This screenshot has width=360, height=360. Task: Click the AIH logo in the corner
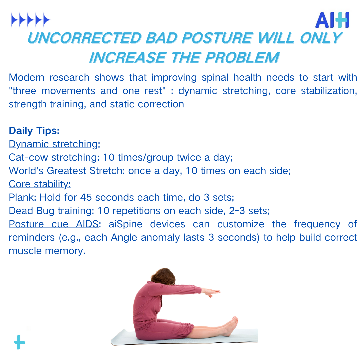tap(332, 20)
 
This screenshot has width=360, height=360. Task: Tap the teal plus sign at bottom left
tap(20, 342)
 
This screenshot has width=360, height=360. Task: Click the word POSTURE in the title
tap(217, 38)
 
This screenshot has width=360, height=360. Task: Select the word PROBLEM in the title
tap(242, 57)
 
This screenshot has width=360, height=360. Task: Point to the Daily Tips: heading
tap(34, 131)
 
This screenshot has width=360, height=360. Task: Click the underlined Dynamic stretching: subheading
tap(55, 144)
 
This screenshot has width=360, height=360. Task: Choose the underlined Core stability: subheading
tap(40, 184)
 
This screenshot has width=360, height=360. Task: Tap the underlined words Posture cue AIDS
tap(54, 224)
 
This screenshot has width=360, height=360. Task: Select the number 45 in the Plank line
tap(86, 197)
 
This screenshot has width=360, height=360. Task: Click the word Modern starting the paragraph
tap(26, 78)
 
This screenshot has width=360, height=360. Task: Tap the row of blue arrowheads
tap(31, 20)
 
